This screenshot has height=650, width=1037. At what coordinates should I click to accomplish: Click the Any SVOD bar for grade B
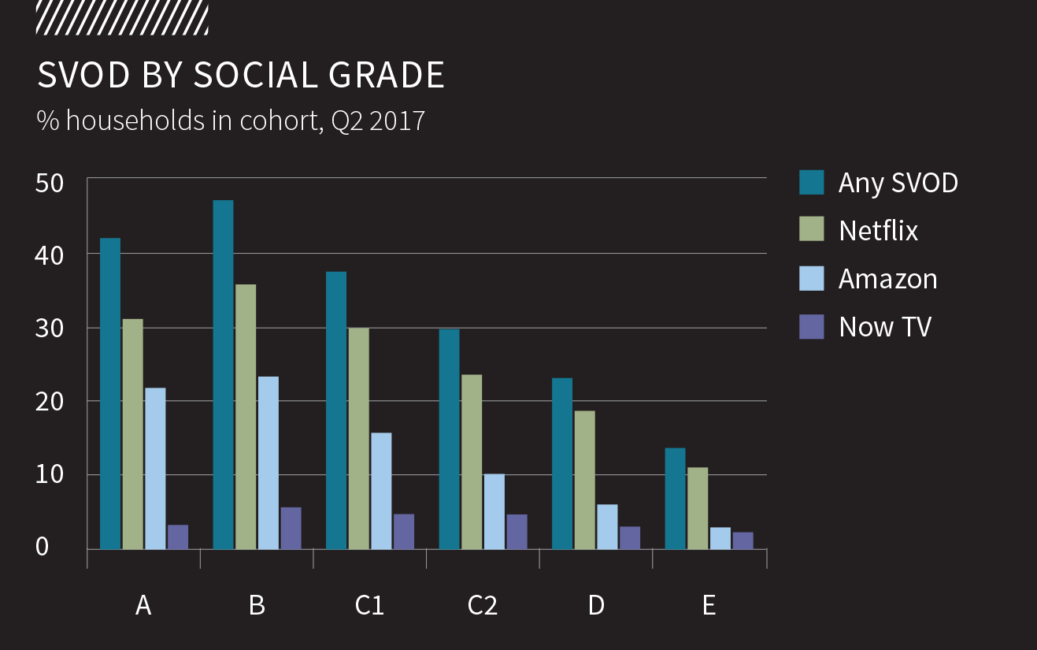223,374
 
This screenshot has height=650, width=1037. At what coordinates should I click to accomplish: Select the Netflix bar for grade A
133,433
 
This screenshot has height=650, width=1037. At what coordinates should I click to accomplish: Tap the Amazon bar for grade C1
381,491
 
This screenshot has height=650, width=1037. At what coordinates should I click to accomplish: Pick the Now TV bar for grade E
743,540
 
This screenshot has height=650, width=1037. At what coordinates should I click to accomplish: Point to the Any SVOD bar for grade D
562,463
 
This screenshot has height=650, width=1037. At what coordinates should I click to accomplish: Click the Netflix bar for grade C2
472,462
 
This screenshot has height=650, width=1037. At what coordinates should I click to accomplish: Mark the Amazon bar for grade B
269,462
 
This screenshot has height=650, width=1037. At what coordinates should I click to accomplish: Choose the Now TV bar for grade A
178,537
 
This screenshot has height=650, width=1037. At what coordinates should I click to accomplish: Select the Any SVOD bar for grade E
675,498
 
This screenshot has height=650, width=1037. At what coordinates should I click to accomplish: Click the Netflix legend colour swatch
811,230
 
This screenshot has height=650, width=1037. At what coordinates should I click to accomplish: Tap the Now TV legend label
885,326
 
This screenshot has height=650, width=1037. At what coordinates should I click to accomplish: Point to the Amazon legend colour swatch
811,278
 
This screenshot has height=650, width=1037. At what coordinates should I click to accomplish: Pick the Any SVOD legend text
898,182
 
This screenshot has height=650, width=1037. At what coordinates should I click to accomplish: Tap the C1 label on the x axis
369,605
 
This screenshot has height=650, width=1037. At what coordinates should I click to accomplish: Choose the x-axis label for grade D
596,605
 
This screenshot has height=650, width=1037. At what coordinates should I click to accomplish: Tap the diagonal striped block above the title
122,17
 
